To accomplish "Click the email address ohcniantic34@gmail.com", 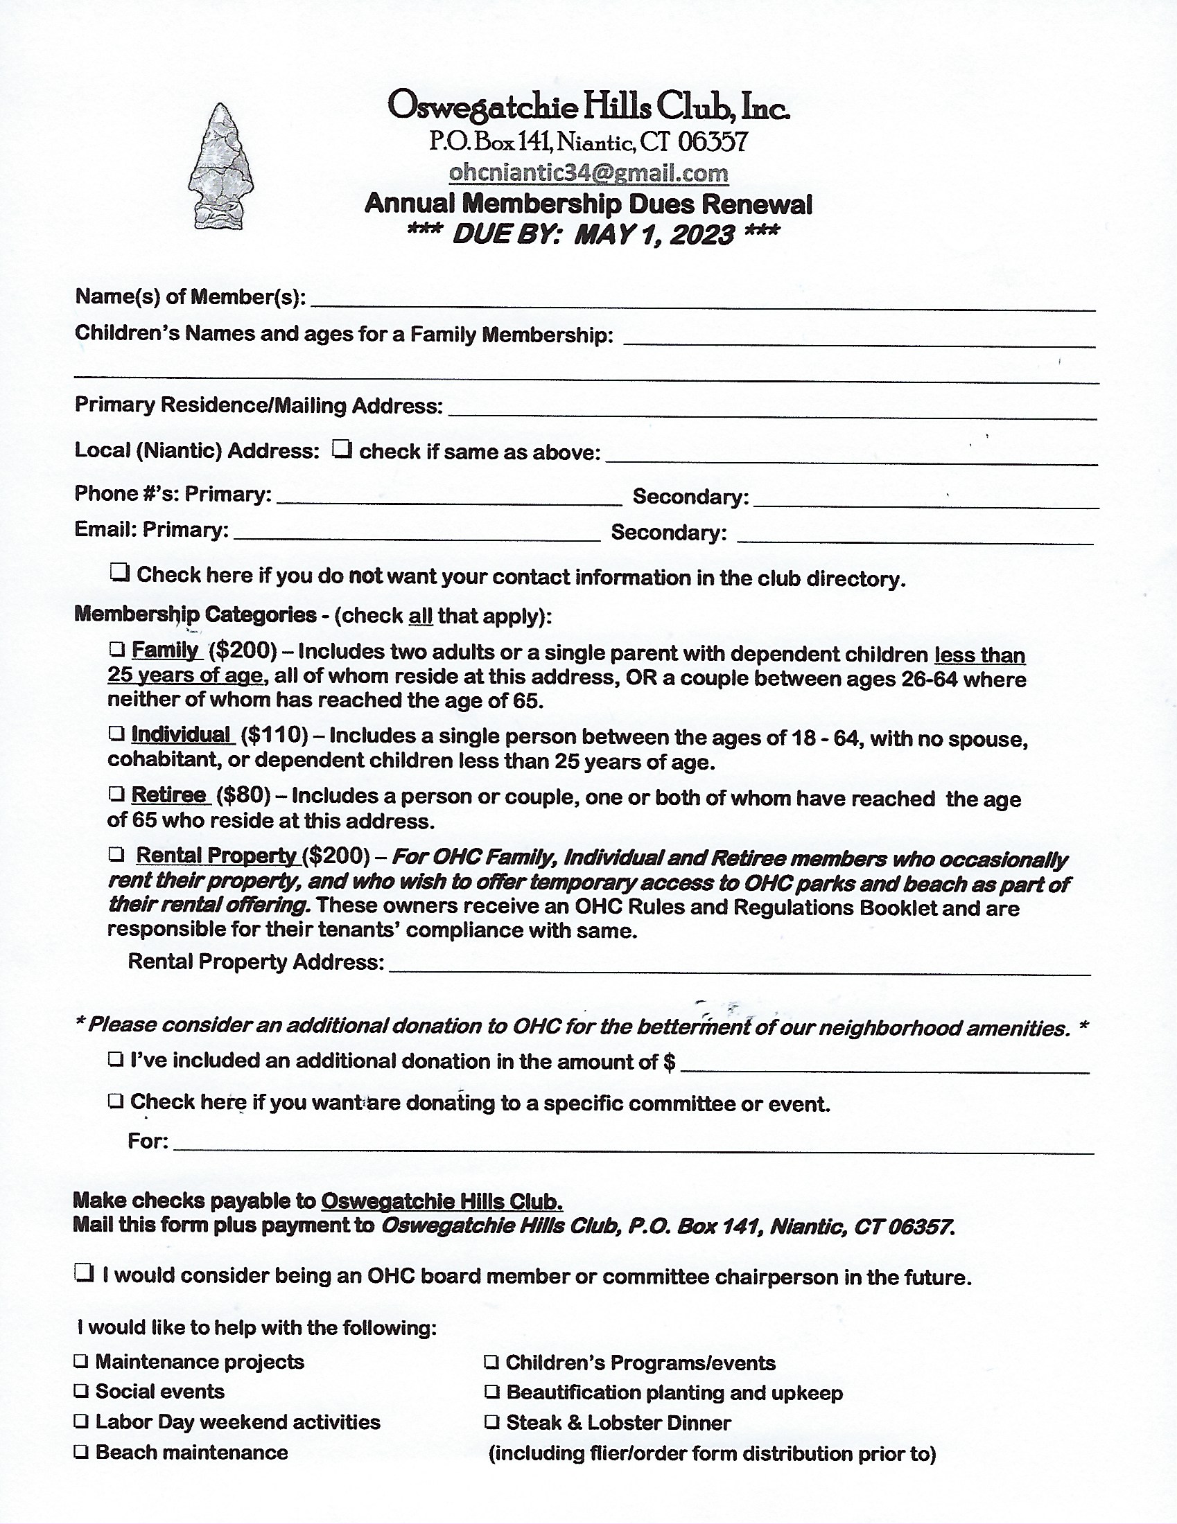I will coord(588,172).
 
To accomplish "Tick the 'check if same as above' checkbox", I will coord(342,449).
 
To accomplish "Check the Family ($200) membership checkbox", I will coord(116,650).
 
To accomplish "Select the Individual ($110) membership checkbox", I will coord(116,734).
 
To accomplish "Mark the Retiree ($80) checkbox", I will coord(116,794).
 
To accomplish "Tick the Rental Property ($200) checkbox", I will coord(116,854).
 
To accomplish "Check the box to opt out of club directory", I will coord(120,574).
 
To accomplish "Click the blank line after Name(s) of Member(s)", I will coord(701,301).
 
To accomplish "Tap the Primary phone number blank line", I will coord(449,498).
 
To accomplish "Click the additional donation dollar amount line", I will coord(884,1065).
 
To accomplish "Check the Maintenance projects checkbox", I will coord(82,1361).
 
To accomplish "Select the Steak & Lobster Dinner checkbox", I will coord(492,1422).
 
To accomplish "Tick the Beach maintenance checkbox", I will coord(82,1452).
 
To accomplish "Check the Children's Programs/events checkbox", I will coord(492,1362).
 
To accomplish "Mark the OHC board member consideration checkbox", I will coord(84,1273).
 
